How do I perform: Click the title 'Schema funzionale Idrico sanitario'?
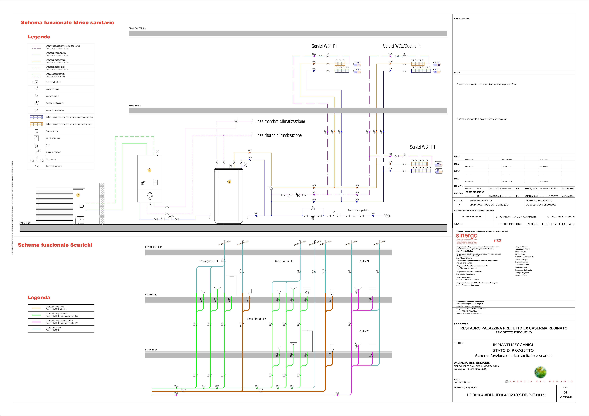[67, 23]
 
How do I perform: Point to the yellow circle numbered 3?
[229, 182]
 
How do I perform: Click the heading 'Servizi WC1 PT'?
[423, 147]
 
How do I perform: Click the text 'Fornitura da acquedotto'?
[358, 210]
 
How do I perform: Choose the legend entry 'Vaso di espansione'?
[53, 138]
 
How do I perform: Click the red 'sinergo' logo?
[467, 236]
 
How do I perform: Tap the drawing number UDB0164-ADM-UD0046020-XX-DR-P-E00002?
[506, 395]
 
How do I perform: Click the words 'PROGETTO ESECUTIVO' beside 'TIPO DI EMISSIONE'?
[550, 224]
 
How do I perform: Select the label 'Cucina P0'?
[364, 331]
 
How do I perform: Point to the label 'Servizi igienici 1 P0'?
[256, 319]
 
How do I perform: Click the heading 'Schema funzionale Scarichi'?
[55, 245]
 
